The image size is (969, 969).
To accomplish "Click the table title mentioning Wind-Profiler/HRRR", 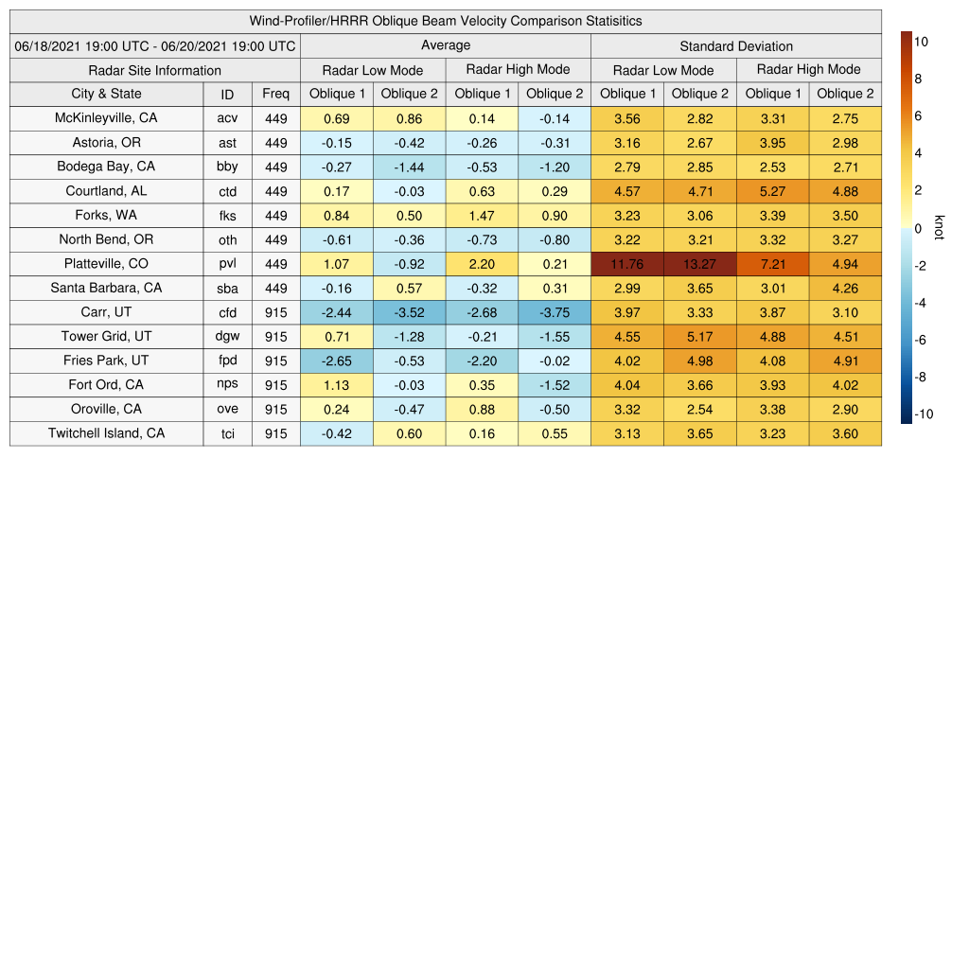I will tap(446, 21).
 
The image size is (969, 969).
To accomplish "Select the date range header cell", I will tap(155, 45).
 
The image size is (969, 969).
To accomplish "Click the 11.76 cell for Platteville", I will tap(627, 264).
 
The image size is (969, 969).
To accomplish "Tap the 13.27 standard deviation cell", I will tap(700, 264).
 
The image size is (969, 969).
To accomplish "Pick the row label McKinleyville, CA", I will tap(106, 118).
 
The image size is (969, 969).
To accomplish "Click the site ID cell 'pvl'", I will tap(227, 264).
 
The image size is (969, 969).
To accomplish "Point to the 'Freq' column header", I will tap(276, 94).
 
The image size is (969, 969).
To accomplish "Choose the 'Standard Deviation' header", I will tap(736, 45).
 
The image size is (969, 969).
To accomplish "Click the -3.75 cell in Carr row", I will tap(555, 312).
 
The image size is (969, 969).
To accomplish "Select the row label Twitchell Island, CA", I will tap(106, 433).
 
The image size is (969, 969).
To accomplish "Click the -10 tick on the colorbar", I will tap(923, 414).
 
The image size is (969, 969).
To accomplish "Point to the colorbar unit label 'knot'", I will tap(940, 227).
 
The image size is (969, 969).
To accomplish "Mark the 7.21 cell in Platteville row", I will tap(772, 264).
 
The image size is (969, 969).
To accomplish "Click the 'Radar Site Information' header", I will tap(155, 70).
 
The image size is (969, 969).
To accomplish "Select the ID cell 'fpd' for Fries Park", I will tap(227, 361).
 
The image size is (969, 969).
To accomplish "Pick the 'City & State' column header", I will tap(106, 94).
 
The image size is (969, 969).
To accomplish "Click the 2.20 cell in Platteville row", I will tap(482, 264).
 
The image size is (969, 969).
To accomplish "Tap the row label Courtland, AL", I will tap(106, 191).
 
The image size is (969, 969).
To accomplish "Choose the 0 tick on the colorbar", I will tap(918, 228).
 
